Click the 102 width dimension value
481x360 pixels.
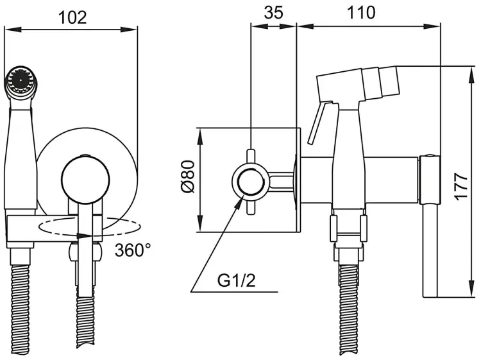72,17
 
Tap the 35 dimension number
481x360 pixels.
274,13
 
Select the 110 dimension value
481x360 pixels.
361,13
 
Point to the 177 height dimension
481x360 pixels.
461,186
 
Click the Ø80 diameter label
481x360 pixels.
188,176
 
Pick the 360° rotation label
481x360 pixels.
133,250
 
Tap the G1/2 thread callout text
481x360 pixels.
236,280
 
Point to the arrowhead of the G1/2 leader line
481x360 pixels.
240,201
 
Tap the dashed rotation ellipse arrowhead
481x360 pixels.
85,236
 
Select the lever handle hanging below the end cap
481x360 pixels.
430,250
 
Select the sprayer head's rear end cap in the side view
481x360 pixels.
389,82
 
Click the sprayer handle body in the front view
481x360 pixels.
21,157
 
